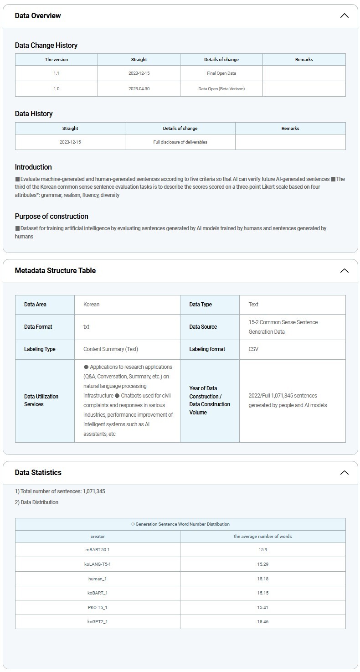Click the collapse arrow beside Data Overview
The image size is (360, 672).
point(344,16)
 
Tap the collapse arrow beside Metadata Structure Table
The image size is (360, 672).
point(344,270)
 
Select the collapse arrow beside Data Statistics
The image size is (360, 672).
point(344,472)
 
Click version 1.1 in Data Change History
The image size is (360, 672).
point(56,73)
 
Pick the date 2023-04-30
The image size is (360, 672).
point(139,88)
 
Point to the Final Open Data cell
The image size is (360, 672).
point(221,73)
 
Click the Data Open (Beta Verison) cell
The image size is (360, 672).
point(221,88)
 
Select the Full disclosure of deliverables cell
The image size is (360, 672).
point(180,142)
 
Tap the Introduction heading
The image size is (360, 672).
point(33,167)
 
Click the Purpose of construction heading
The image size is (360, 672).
point(51,216)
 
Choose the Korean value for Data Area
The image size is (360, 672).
point(91,304)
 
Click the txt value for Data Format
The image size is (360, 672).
point(86,326)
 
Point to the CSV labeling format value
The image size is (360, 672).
point(253,349)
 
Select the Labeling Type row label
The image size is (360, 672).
point(40,349)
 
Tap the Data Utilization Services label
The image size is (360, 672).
point(41,400)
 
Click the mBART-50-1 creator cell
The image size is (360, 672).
point(98,549)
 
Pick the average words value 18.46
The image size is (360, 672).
point(262,621)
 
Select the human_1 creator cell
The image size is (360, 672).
point(98,579)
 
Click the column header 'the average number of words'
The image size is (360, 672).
point(262,536)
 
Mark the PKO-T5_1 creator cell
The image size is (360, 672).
point(98,607)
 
